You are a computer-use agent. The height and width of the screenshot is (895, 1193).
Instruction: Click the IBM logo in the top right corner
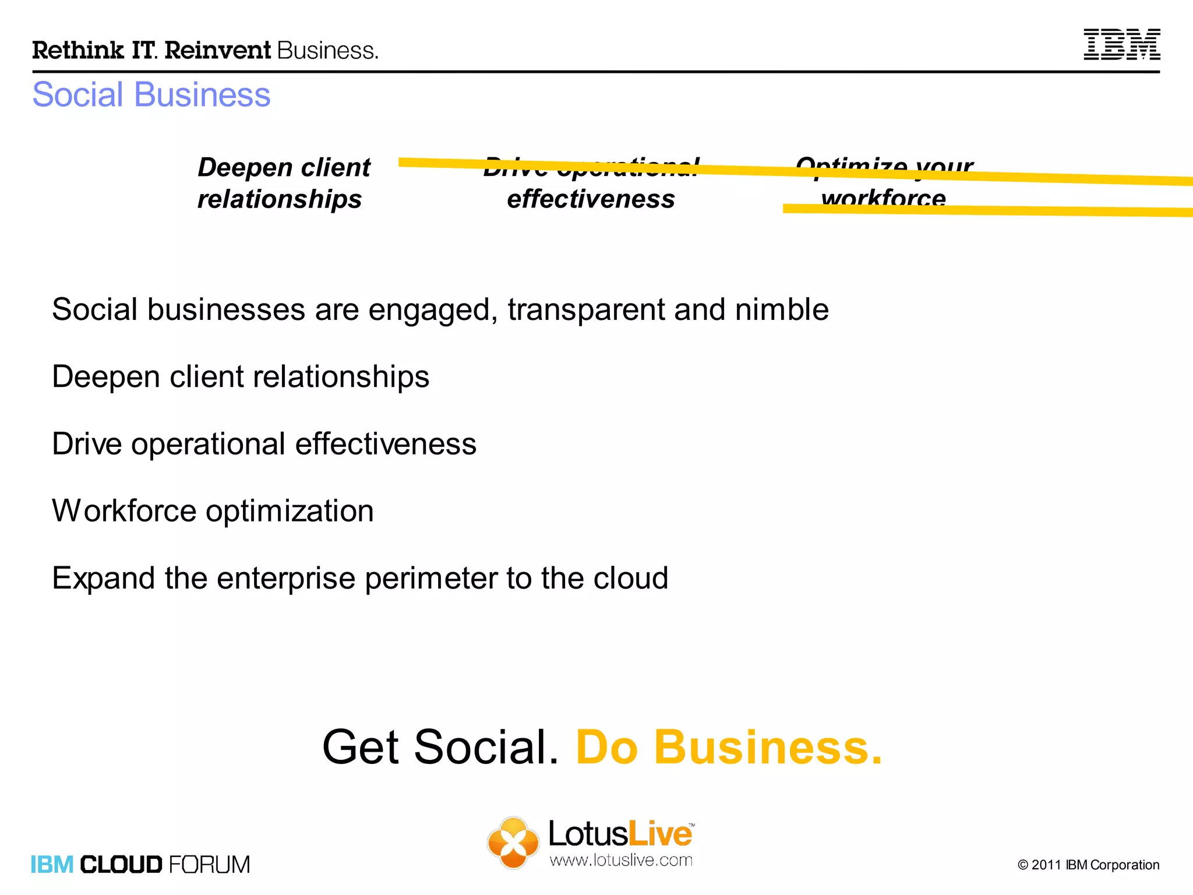[1121, 44]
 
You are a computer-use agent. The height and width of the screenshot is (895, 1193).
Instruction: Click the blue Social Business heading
[151, 94]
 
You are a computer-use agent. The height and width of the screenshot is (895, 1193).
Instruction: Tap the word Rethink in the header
[78, 51]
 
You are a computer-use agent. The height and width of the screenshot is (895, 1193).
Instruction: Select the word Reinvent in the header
[218, 51]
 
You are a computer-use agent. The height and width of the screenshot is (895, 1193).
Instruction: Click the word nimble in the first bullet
[782, 309]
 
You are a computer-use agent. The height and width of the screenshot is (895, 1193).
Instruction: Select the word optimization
[290, 512]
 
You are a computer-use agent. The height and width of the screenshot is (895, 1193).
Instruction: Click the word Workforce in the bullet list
[124, 511]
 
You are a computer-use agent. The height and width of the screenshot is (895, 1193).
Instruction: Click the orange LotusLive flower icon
[513, 843]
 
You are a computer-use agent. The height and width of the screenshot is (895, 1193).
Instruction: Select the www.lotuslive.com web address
[621, 860]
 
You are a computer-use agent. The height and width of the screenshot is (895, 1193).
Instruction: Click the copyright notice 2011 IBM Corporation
[1088, 865]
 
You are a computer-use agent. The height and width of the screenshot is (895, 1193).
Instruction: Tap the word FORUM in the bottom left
[209, 865]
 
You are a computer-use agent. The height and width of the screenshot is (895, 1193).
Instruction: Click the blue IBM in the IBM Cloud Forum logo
[52, 865]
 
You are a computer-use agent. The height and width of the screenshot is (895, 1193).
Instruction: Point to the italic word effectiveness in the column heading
[591, 199]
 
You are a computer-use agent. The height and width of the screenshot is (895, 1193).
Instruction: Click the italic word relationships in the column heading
[280, 199]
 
